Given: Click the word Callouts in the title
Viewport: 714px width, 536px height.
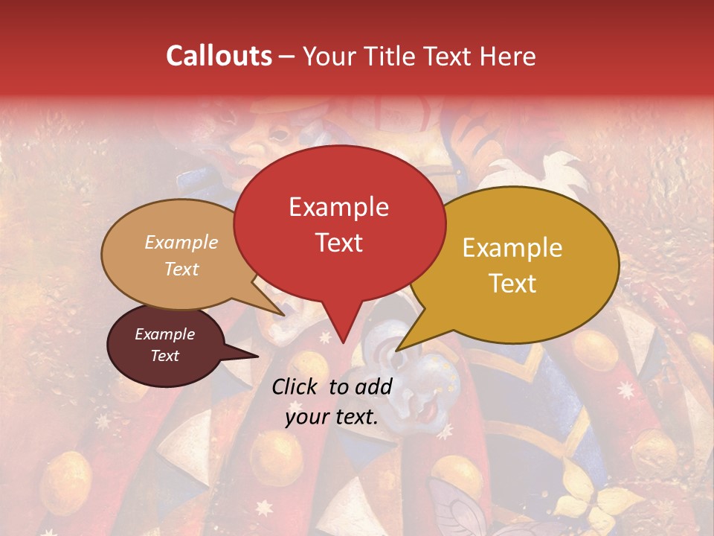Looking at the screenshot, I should pos(219,56).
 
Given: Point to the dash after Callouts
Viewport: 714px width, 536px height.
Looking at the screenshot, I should pos(286,57).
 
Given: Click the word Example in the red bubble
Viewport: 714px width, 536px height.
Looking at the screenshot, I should pos(338,207).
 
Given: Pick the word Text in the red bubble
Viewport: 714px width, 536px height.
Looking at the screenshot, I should pos(338,243).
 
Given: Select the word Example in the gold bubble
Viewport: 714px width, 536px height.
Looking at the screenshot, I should pos(512,248).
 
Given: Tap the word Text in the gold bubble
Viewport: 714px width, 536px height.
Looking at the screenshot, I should pos(512,284).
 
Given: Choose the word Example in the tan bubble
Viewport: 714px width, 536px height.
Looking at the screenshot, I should pos(181,242).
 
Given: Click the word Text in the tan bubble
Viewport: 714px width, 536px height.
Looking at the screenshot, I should pos(181,269).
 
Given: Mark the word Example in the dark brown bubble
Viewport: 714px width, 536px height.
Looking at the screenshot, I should pos(164,334).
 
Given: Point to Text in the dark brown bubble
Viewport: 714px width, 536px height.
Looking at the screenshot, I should pos(164,356).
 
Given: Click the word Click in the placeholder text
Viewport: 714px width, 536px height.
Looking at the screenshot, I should pos(296,386).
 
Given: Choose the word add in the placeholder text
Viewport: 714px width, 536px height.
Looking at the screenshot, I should pos(376,386).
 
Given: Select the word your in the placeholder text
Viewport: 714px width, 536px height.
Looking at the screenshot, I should pos(306,417).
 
